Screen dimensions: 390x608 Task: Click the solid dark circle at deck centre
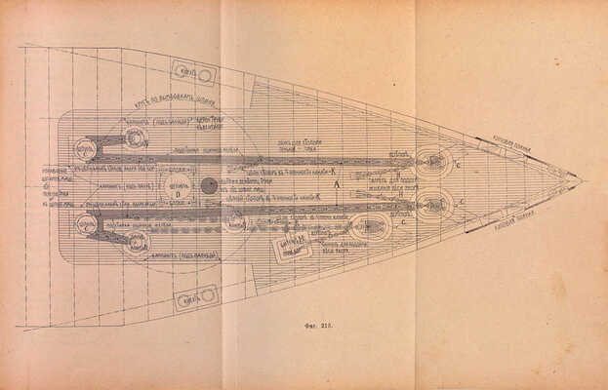point(209,185)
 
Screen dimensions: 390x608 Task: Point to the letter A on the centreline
point(336,183)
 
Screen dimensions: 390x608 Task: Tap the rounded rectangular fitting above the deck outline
point(193,74)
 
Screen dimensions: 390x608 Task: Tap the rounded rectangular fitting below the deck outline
point(195,296)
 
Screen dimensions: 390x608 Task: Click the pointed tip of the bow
point(580,180)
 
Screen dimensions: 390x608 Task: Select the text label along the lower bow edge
point(512,222)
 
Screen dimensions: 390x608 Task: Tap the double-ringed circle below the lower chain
point(139,241)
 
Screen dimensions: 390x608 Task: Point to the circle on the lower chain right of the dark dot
point(235,220)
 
